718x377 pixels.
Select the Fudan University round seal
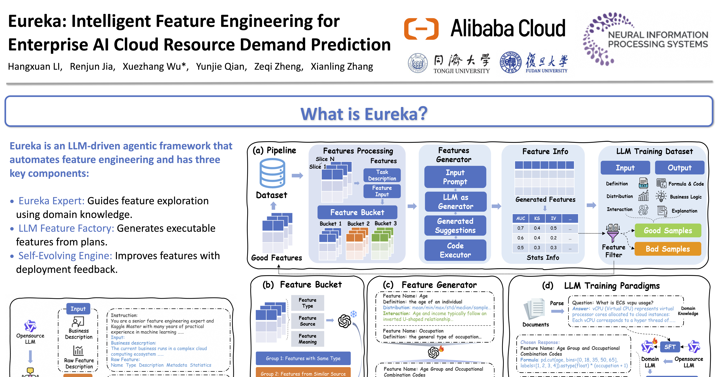(510, 62)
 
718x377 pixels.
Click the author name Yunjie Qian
(221, 67)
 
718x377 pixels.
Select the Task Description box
(382, 175)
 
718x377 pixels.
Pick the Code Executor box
(455, 250)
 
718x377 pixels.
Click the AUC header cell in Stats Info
(520, 218)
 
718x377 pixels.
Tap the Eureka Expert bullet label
(51, 201)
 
